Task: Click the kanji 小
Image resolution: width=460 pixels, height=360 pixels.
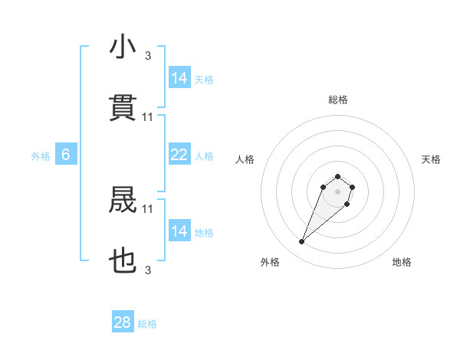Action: pyautogui.click(x=123, y=47)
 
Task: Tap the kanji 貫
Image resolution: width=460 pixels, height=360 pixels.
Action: pyautogui.click(x=123, y=108)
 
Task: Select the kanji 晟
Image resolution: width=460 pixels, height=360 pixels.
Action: pyautogui.click(x=123, y=201)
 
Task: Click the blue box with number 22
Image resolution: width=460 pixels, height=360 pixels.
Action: pyautogui.click(x=179, y=155)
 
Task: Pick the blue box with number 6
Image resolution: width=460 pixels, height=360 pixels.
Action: pyautogui.click(x=66, y=155)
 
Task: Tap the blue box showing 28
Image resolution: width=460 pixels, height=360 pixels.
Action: pyautogui.click(x=123, y=322)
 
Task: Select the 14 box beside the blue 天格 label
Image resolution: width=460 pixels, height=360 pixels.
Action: pyautogui.click(x=179, y=78)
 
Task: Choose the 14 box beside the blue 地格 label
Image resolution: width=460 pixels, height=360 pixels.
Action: pyautogui.click(x=179, y=232)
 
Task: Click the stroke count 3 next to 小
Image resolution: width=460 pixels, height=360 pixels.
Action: pyautogui.click(x=148, y=55)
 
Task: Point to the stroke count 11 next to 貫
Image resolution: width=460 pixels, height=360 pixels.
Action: pyautogui.click(x=148, y=116)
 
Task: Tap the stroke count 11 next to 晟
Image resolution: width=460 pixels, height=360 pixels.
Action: pyautogui.click(x=148, y=208)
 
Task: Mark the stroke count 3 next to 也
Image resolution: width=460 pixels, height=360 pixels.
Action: pyautogui.click(x=148, y=270)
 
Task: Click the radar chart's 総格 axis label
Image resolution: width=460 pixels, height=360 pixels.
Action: pyautogui.click(x=337, y=100)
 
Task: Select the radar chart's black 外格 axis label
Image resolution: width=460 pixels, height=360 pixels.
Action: pyautogui.click(x=270, y=262)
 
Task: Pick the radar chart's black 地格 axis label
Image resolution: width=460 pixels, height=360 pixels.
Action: pyautogui.click(x=402, y=262)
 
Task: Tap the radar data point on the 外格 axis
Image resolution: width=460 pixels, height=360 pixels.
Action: pyautogui.click(x=302, y=242)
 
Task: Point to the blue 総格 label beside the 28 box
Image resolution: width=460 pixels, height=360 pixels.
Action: pyautogui.click(x=147, y=324)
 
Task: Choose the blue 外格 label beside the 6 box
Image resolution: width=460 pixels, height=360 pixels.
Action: pyautogui.click(x=40, y=156)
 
